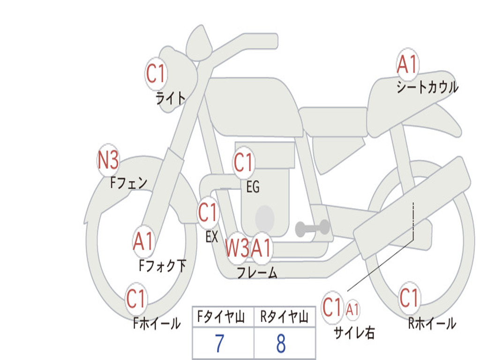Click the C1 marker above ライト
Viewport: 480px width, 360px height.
pos(156,74)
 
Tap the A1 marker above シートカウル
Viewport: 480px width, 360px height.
pos(407,65)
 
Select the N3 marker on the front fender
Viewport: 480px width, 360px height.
pos(108,160)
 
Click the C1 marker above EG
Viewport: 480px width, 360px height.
pos(243,162)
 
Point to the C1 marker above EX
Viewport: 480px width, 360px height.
pos(208,212)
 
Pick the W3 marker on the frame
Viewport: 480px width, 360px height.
pos(237,247)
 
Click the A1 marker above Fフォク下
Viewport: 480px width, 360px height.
pos(143,241)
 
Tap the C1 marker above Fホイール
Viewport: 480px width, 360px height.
pos(136,299)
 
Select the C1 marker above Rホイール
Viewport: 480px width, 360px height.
pos(409,298)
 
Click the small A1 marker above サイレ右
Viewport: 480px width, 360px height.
pos(352,310)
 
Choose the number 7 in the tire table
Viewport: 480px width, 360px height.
pos(219,344)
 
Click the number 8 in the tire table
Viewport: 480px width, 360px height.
pos(281,344)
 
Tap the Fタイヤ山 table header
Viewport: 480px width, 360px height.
pos(221,316)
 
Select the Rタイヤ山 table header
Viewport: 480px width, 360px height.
pos(285,316)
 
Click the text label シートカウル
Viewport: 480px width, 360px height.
pos(427,87)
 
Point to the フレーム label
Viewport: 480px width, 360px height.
pos(257,272)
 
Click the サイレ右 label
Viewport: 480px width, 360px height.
pos(354,332)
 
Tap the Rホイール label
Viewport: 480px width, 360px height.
pos(432,323)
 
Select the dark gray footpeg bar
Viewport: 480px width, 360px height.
pos(312,228)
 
